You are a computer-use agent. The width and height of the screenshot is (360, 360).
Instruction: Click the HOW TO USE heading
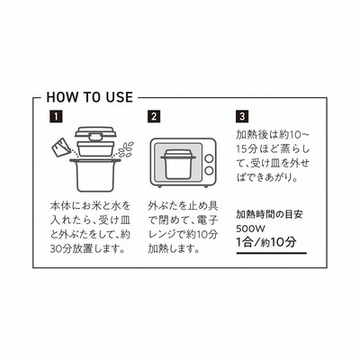[x=89, y=97]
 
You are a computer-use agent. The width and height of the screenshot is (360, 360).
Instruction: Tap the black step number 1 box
[x=56, y=117]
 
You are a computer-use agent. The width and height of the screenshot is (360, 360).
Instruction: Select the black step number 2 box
[x=154, y=117]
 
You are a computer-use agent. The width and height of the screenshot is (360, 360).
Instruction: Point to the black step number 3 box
[x=242, y=117]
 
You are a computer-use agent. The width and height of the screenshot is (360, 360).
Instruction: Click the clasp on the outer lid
[x=95, y=137]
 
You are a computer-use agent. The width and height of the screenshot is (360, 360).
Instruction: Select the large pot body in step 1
[x=95, y=175]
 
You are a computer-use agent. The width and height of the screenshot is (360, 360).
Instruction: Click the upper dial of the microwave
[x=209, y=158]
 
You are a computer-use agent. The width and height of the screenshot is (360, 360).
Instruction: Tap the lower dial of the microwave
[x=209, y=171]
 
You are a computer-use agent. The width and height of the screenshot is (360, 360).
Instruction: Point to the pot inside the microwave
[x=179, y=165]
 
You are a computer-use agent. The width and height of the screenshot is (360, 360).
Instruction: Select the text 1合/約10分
[x=266, y=242]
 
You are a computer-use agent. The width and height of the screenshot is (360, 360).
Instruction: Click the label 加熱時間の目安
[x=269, y=214]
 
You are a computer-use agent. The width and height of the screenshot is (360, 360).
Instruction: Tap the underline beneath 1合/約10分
[x=272, y=253]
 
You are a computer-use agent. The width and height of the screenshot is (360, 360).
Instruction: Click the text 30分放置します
[x=87, y=249]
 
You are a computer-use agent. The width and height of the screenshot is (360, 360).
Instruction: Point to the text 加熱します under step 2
[x=175, y=249]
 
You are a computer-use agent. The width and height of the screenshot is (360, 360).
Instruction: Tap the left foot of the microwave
[x=158, y=186]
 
